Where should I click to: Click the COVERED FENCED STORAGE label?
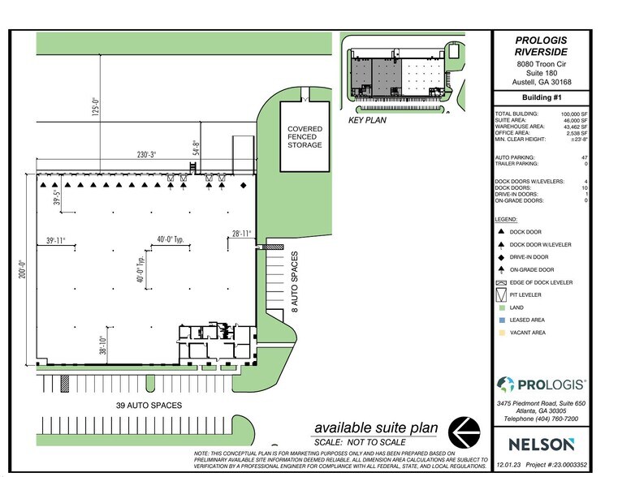pos(305,136)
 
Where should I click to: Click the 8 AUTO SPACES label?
pos(296,280)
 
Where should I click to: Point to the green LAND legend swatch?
pos(500,307)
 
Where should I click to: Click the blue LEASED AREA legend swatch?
pos(500,320)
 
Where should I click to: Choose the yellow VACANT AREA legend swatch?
pos(500,333)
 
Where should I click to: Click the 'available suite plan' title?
pos(377,428)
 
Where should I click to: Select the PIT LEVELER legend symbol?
pos(500,294)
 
